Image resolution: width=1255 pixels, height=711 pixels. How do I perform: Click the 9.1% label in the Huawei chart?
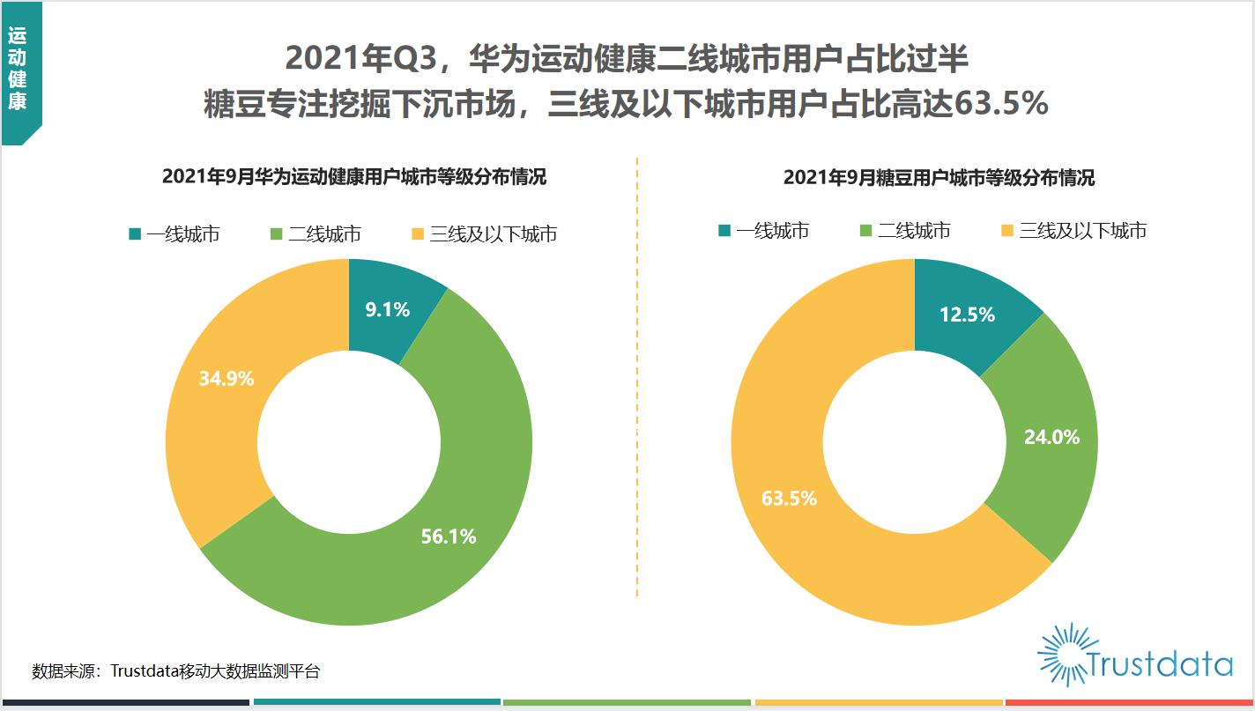coord(387,309)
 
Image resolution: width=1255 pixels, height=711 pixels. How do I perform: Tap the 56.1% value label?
coord(449,537)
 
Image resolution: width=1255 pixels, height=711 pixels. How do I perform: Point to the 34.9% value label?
coord(226,378)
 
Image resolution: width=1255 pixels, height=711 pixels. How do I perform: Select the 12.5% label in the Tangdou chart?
coord(967,315)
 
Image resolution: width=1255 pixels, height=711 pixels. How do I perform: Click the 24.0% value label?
coord(1051,437)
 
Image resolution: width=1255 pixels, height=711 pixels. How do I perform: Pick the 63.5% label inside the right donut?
coord(789,498)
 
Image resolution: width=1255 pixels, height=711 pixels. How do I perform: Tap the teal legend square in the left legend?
coord(135,233)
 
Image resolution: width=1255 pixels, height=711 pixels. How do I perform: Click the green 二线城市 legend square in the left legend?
coord(276,233)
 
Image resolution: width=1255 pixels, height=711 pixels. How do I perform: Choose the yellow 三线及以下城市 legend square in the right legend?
coord(1006,230)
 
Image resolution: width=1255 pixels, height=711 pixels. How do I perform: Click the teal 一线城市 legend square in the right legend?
coord(724,230)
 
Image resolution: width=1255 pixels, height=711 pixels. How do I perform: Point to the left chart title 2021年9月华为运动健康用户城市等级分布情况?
coord(354,176)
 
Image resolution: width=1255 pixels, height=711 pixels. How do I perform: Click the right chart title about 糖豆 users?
coord(939,178)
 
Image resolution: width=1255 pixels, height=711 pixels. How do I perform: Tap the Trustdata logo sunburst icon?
coord(1063,655)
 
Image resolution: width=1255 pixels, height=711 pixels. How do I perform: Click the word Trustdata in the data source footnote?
coord(144,670)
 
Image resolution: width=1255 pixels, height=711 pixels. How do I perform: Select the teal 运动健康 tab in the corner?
coord(21,73)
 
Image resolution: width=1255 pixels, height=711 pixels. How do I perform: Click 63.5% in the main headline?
coord(1001,103)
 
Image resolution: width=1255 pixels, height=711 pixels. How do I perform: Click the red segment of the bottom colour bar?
coord(1129,702)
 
